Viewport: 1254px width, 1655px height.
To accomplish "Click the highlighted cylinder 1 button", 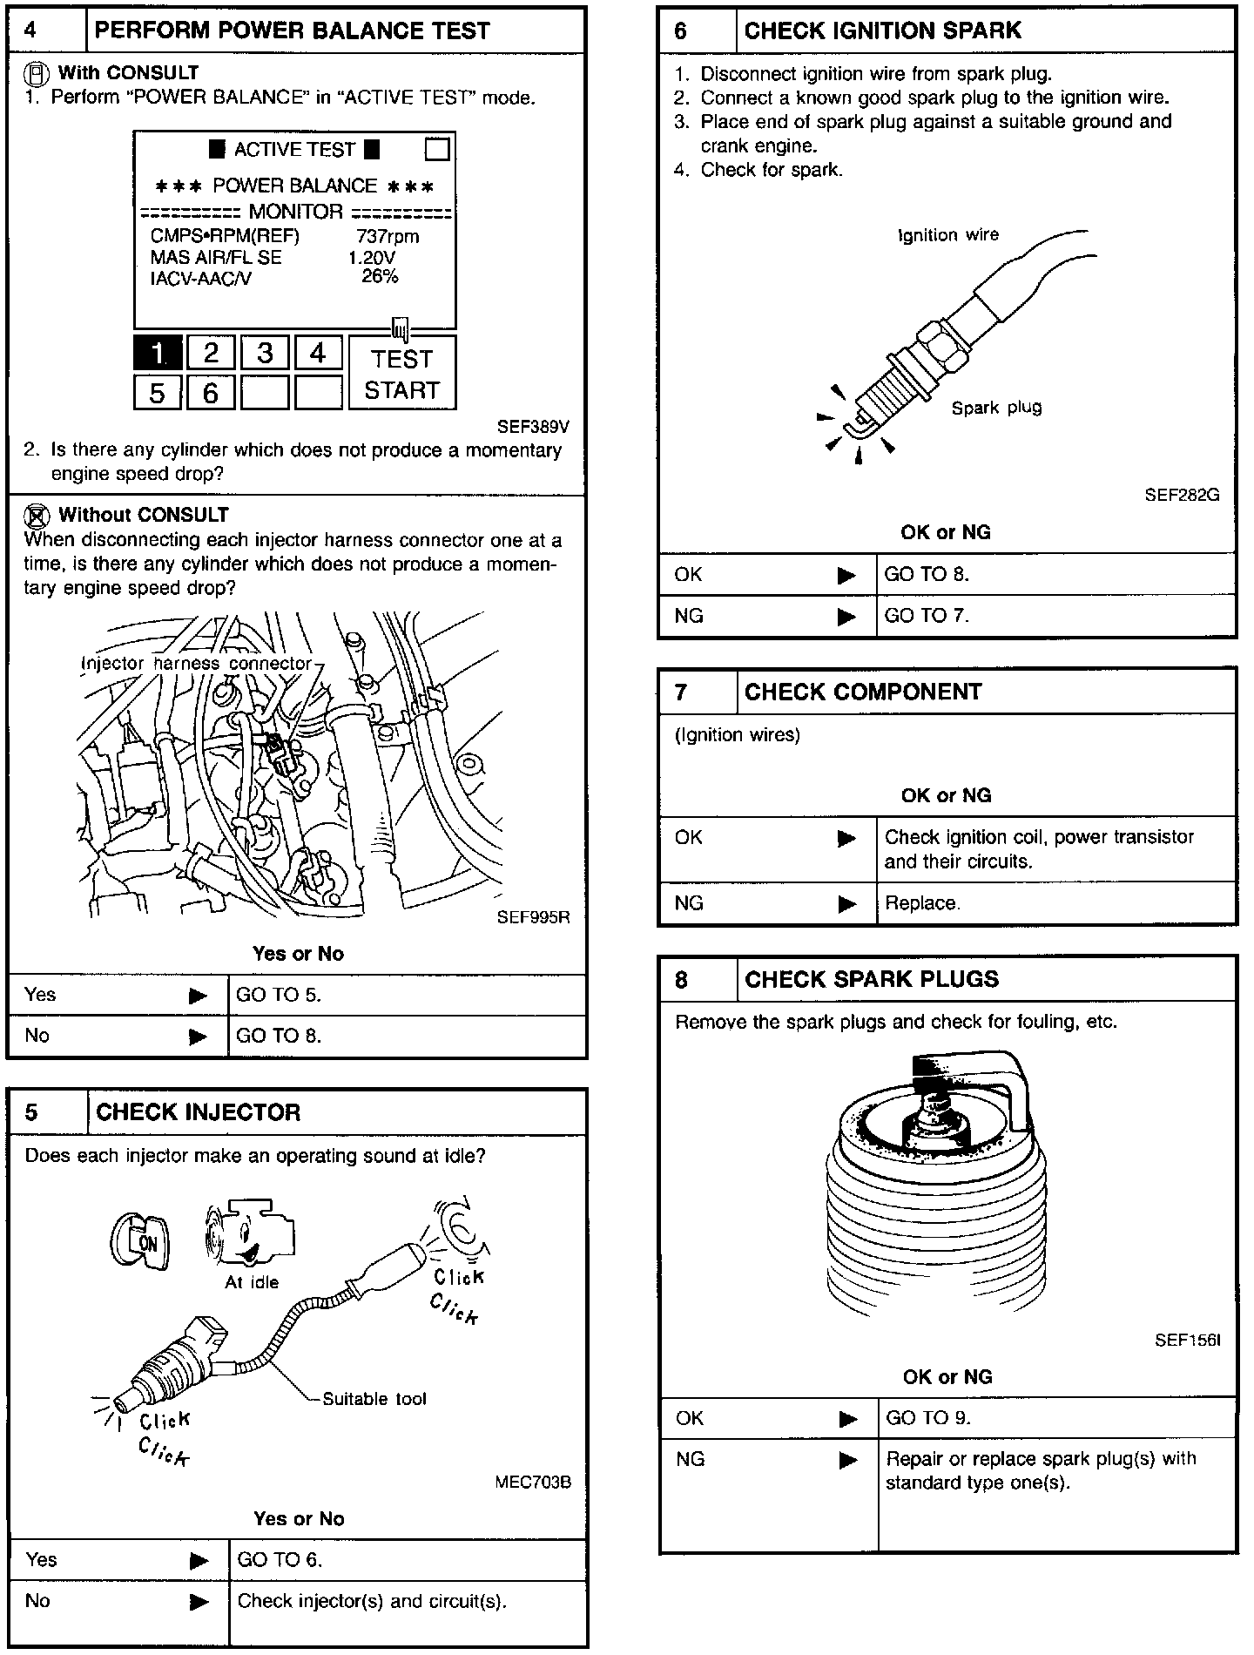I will click(x=158, y=353).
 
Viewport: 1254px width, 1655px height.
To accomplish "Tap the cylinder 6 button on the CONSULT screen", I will click(x=211, y=393).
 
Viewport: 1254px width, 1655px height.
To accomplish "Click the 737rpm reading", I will click(x=388, y=236).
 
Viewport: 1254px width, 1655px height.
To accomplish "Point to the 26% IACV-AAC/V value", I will click(x=380, y=277).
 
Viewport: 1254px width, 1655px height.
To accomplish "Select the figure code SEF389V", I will click(x=533, y=427).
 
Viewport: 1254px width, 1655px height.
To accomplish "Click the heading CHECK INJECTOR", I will click(x=199, y=1112).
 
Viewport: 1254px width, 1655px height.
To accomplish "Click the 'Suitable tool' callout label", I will click(x=374, y=1399).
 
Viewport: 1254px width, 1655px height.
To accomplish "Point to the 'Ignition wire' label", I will click(x=948, y=235).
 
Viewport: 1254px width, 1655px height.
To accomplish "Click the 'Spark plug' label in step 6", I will click(x=996, y=408).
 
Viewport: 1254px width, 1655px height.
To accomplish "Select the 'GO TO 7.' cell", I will click(x=927, y=616).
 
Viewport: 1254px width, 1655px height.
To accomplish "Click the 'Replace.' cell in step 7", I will click(x=923, y=903).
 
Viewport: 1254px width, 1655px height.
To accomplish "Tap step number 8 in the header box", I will click(x=681, y=980).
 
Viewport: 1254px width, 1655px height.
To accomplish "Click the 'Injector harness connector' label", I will click(x=196, y=664).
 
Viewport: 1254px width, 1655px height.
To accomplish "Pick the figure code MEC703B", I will click(x=533, y=1483).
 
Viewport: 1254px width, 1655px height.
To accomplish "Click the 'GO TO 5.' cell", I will click(x=279, y=995).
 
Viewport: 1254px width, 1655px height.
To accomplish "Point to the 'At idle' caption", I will click(x=252, y=1282).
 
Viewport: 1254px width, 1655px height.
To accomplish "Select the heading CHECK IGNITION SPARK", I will click(x=882, y=30).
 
